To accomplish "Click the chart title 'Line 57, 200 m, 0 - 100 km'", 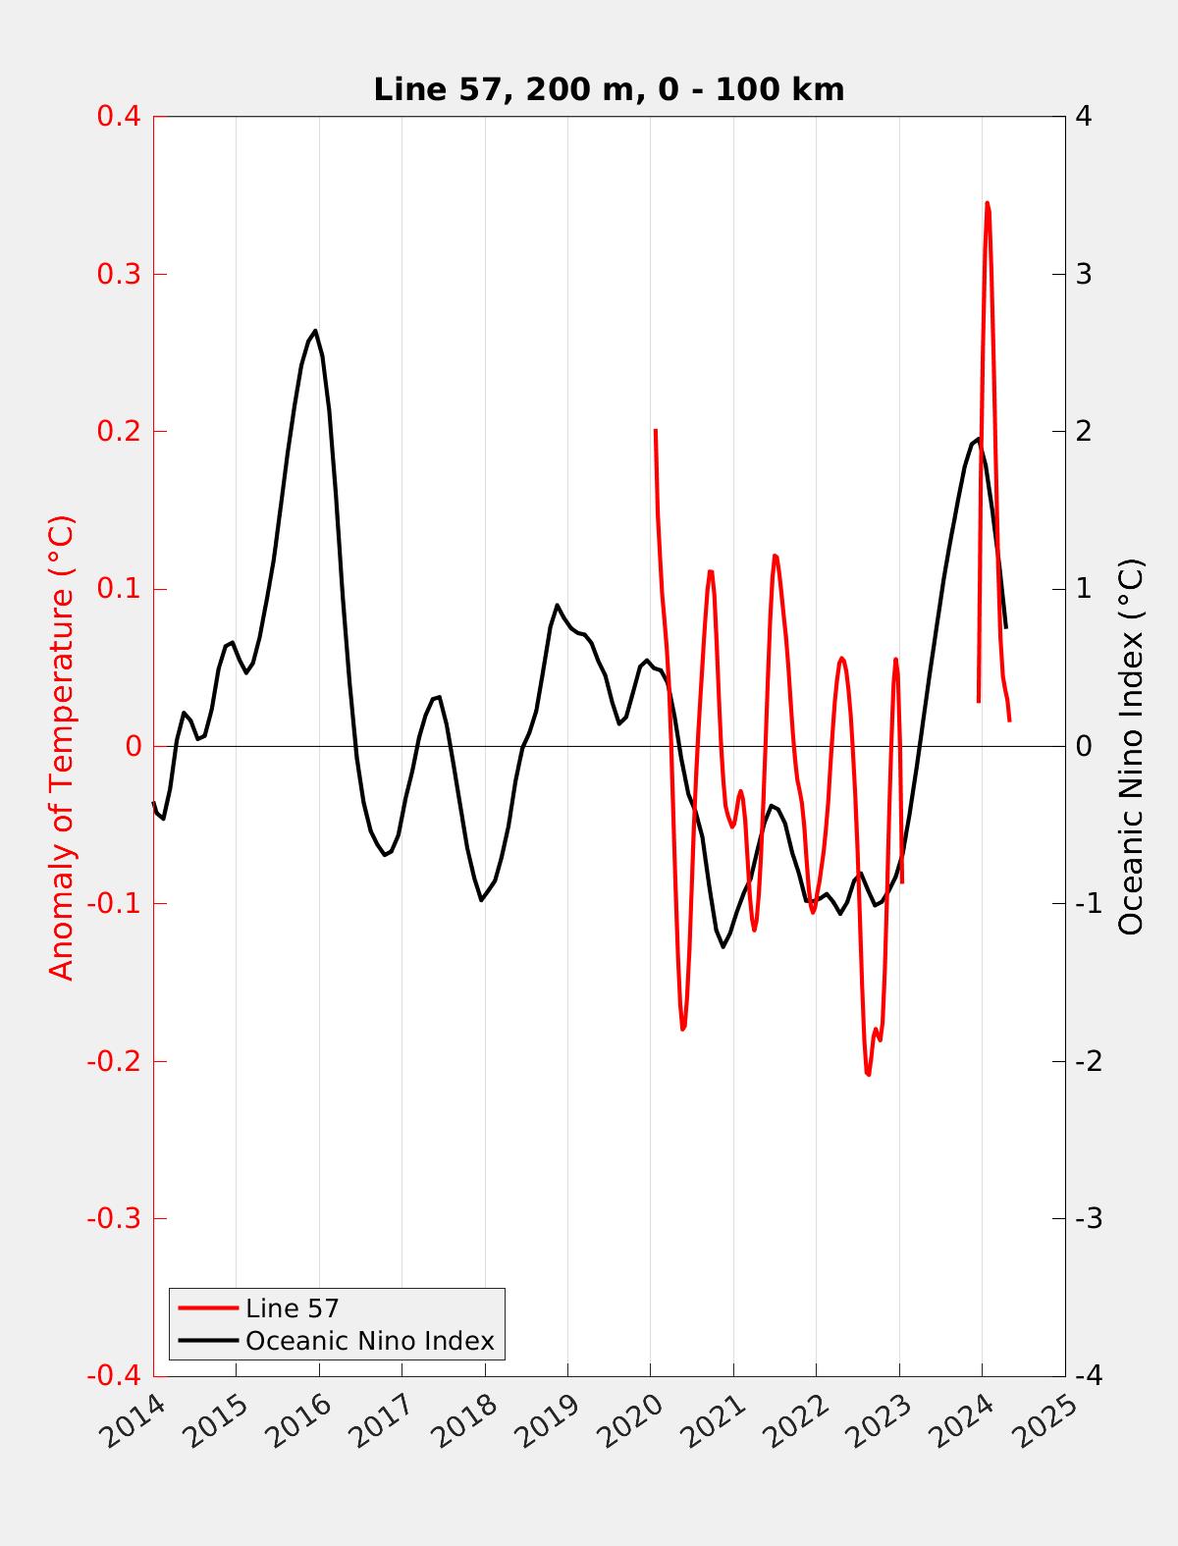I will (x=609, y=90).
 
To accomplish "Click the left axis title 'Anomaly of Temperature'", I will (x=62, y=747).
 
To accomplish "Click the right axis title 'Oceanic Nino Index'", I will (x=1131, y=747).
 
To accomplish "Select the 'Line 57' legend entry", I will (x=292, y=1308).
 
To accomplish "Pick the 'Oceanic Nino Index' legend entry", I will (x=369, y=1341).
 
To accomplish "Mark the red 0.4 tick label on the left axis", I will (x=118, y=117).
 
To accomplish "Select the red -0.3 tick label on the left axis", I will (x=113, y=1219).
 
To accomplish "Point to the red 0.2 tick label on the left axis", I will (x=118, y=431).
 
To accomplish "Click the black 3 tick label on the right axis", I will (x=1084, y=274).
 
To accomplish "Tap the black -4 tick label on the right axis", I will (x=1088, y=1376).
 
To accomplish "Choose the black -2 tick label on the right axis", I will (x=1088, y=1061).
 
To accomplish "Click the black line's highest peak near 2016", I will (x=315, y=331).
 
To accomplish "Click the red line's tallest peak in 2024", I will (x=987, y=203).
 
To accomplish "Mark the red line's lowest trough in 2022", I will (x=868, y=1074).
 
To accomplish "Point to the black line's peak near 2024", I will (x=978, y=439).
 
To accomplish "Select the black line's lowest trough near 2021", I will (x=723, y=946).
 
